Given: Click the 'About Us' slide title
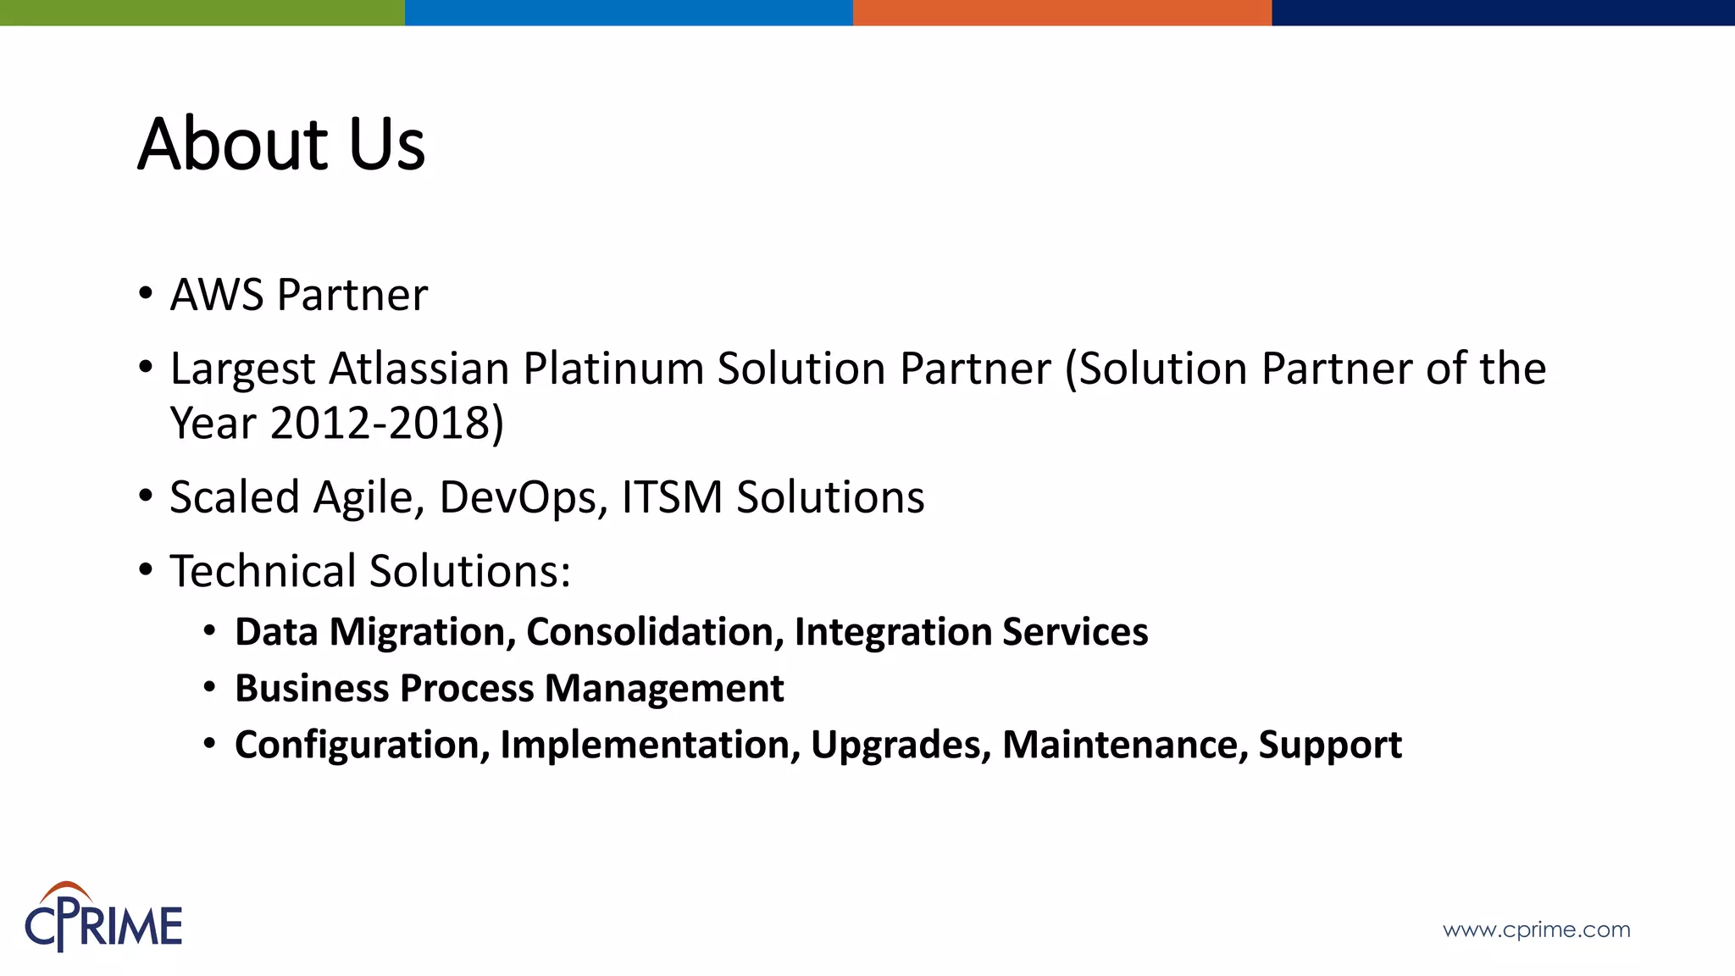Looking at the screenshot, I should (x=281, y=144).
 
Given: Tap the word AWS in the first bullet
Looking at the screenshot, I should (x=217, y=295).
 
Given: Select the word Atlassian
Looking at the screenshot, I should (x=419, y=369).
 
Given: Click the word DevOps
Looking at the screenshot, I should (x=523, y=497).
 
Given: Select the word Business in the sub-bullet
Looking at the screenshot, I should (x=311, y=688).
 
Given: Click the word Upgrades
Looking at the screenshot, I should (x=901, y=745).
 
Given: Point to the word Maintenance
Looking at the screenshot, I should (x=1124, y=745).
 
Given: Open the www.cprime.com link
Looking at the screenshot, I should (x=1536, y=929).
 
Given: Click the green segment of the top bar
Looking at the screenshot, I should (x=202, y=12).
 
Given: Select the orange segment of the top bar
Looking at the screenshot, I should (x=1062, y=12).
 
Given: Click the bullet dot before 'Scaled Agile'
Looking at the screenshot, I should (x=146, y=496).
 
